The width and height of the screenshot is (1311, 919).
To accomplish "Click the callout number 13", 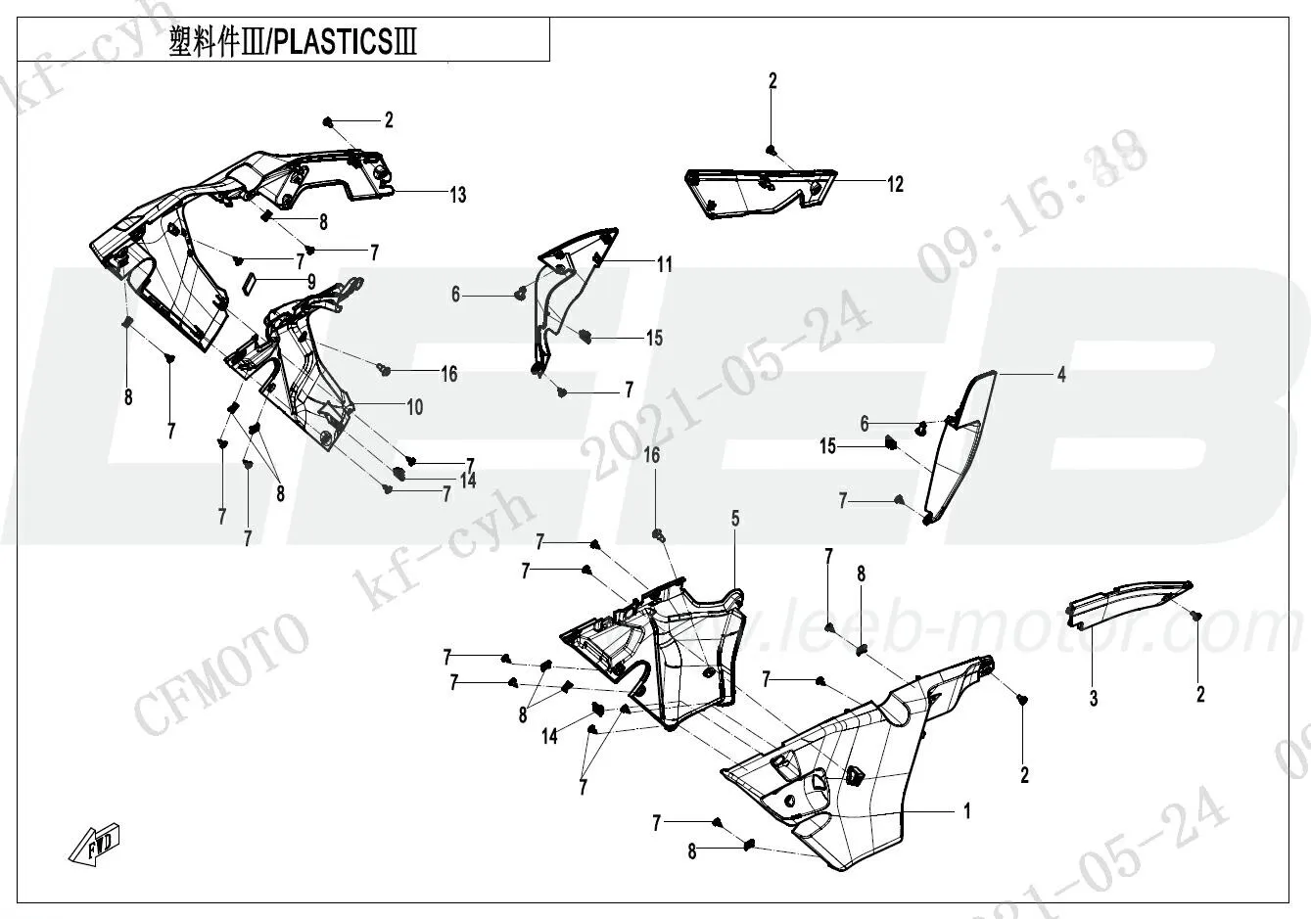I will pyautogui.click(x=457, y=195).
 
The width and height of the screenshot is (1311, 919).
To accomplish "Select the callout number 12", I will pyautogui.click(x=895, y=184).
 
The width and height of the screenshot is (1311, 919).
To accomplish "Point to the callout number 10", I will pyautogui.click(x=414, y=406).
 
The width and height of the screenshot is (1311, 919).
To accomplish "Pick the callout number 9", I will pyautogui.click(x=311, y=281).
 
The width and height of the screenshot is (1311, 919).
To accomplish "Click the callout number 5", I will pyautogui.click(x=734, y=517).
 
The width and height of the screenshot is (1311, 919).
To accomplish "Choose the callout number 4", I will pyautogui.click(x=1060, y=374).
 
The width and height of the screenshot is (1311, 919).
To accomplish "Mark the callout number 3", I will pyautogui.click(x=1094, y=699).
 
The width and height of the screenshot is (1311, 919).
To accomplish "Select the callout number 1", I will pyautogui.click(x=967, y=810).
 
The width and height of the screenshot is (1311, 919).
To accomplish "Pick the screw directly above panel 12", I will pyautogui.click(x=773, y=149).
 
